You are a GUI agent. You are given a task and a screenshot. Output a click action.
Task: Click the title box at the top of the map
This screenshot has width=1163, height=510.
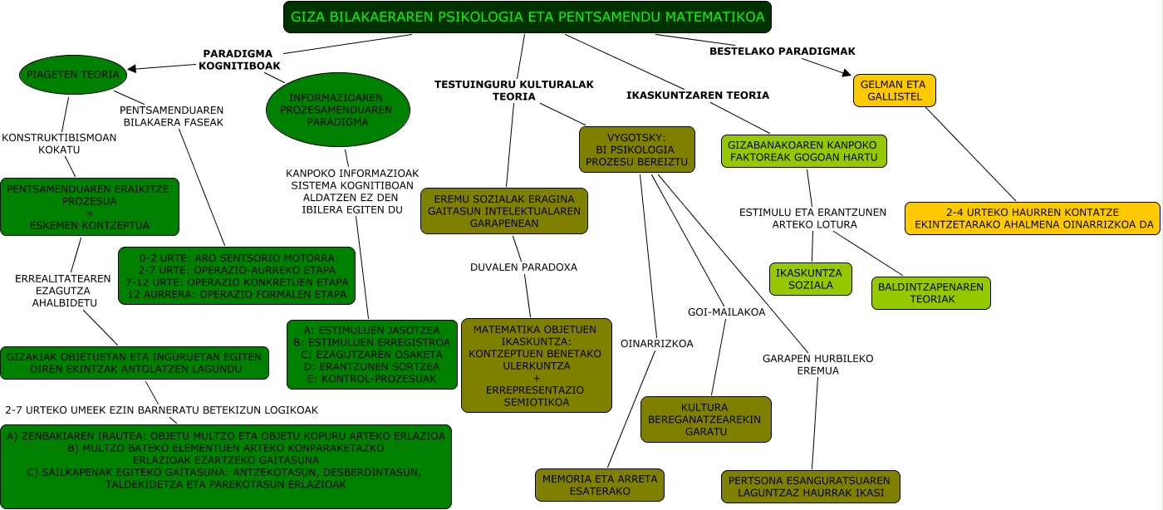pos(528,17)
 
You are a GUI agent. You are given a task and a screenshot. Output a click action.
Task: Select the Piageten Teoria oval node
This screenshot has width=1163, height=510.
pos(73,75)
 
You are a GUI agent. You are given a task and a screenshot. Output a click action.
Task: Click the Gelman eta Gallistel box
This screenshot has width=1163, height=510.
pos(894,91)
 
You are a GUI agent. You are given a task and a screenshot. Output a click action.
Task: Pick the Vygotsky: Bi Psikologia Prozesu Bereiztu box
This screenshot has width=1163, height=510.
pos(635,149)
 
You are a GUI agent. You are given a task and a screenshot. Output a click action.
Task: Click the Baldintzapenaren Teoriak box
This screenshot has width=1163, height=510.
pos(930,293)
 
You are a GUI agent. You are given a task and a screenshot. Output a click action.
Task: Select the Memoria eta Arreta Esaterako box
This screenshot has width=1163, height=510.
pos(600,485)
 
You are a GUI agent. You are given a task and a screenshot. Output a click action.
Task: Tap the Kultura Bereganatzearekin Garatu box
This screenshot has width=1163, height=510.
pos(706,419)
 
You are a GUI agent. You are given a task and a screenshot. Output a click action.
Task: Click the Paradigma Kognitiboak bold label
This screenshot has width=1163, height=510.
pos(239,59)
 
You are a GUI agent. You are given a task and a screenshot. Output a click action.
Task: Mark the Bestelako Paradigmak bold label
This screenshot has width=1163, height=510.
pos(782,51)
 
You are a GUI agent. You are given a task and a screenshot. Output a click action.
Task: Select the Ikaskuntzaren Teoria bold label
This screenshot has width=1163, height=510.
pos(698,95)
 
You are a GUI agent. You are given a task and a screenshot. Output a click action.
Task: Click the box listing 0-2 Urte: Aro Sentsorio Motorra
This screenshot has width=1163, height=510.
pos(237,276)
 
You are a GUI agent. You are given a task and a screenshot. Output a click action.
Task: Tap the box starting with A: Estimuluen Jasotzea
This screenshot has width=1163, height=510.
pos(371,355)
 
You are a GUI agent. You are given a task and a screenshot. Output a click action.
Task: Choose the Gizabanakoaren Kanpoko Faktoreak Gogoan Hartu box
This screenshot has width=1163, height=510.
pos(804,151)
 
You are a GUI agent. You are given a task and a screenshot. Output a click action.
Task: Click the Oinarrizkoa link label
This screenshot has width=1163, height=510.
pos(656,343)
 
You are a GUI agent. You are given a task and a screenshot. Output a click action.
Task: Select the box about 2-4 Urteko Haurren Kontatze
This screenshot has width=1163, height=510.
pos(1032,218)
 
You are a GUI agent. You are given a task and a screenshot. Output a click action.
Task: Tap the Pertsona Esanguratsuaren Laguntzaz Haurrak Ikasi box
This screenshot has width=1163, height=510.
pos(810,487)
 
